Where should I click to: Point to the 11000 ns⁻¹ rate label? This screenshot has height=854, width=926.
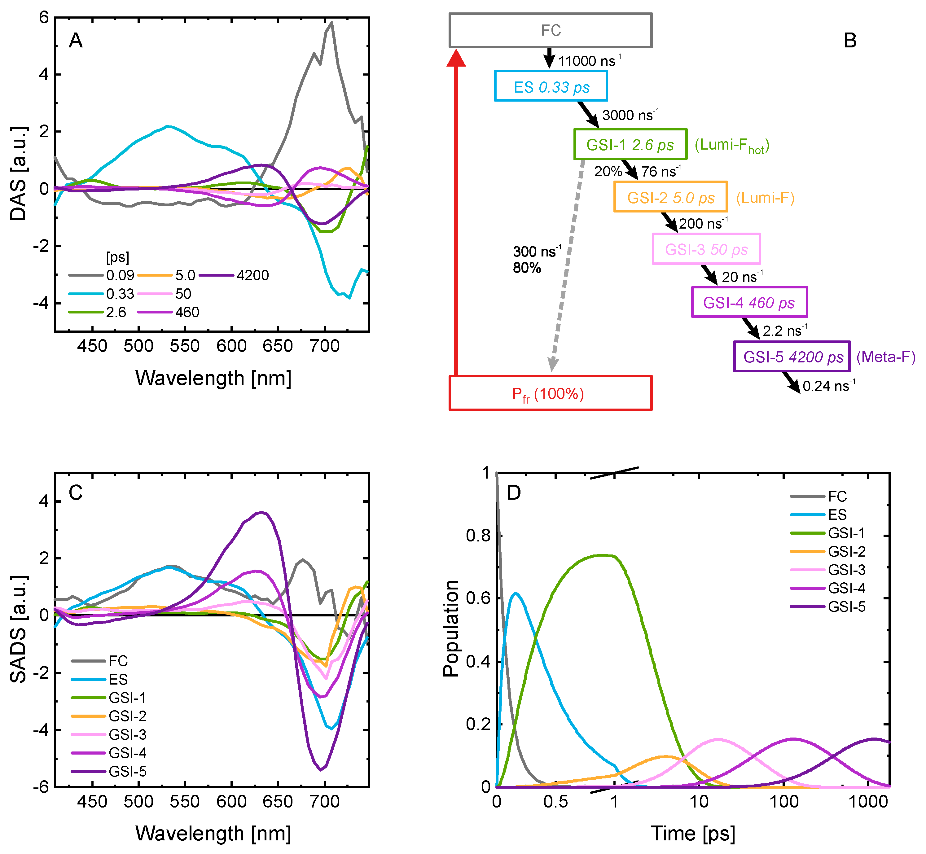point(590,60)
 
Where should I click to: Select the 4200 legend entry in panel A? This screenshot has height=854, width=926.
point(234,275)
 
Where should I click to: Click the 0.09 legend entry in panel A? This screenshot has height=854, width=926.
point(102,275)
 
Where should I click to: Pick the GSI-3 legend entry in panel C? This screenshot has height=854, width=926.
point(109,734)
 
